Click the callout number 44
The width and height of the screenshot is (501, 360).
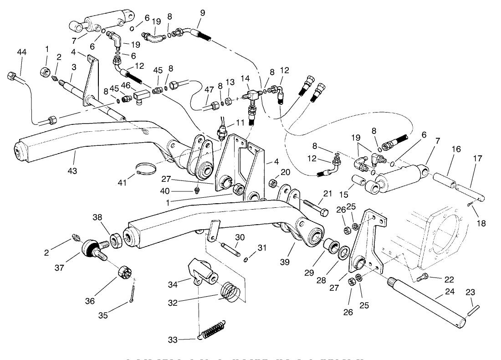[x=21, y=52]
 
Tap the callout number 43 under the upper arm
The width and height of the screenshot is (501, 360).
[x=72, y=171]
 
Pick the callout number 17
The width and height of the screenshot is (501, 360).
[x=477, y=158]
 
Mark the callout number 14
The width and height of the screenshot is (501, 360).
[x=245, y=78]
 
